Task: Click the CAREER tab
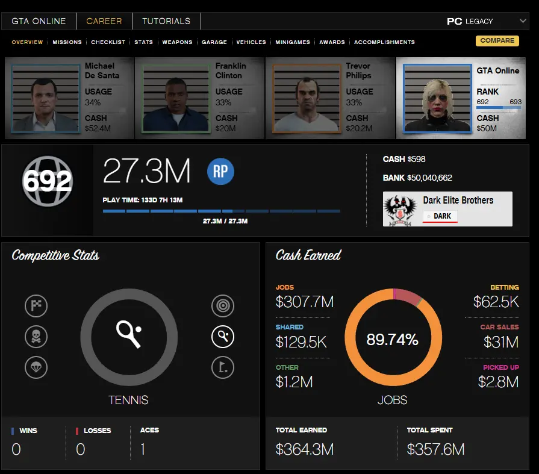(x=104, y=21)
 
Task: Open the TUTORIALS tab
(x=166, y=21)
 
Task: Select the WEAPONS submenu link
(x=177, y=42)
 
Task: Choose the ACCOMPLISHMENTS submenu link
(x=384, y=42)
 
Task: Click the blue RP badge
(x=220, y=172)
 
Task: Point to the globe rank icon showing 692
(x=47, y=181)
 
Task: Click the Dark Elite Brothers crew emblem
(x=402, y=210)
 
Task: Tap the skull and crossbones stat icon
(x=36, y=336)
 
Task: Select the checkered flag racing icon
(x=36, y=306)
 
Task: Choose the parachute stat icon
(x=36, y=367)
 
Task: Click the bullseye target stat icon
(x=223, y=306)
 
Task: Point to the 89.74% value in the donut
(x=392, y=340)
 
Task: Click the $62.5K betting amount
(x=496, y=301)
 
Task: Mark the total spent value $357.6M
(x=435, y=449)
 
